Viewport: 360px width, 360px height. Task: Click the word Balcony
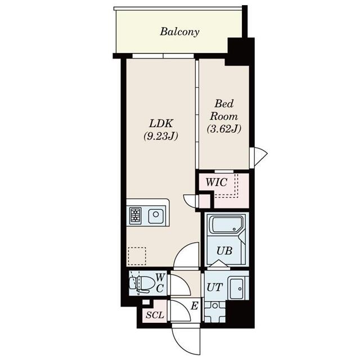(179, 31)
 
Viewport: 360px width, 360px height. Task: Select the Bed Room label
(224, 110)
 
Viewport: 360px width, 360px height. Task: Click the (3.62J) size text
(224, 129)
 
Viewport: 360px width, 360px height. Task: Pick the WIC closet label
(217, 183)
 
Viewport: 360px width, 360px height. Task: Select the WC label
(160, 282)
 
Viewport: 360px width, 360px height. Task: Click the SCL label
(154, 315)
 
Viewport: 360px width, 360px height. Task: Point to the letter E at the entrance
(193, 306)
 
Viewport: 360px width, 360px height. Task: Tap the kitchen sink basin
(156, 215)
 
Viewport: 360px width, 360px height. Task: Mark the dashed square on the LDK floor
(137, 256)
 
